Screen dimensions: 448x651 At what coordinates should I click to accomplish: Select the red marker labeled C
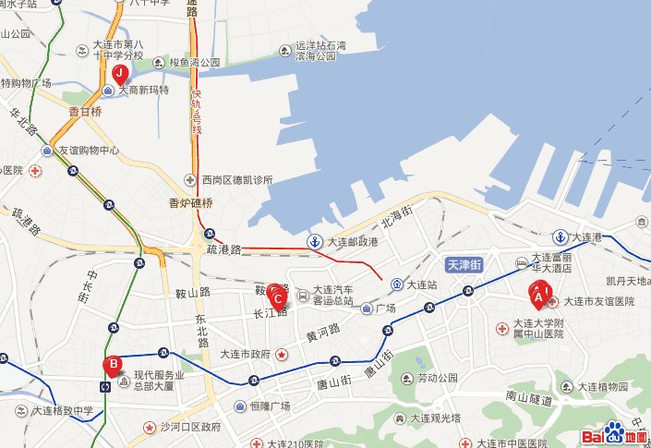[x=276, y=295]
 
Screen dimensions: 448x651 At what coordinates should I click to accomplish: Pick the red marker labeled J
[x=118, y=75]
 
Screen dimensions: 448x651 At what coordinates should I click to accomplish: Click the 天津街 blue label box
[x=464, y=264]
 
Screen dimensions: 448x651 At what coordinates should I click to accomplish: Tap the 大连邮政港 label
[x=350, y=242]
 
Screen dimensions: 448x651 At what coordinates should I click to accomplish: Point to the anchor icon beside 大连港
[x=561, y=237]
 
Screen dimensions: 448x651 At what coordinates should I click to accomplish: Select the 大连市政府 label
[x=245, y=354]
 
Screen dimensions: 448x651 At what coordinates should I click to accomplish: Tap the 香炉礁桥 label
[x=191, y=203]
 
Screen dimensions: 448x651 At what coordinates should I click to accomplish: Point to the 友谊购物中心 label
[x=89, y=151]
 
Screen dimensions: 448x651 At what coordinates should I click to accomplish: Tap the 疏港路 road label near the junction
[x=223, y=249]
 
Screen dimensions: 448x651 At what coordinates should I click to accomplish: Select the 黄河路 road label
[x=324, y=333]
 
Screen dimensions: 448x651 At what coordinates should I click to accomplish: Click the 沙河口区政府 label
[x=189, y=428]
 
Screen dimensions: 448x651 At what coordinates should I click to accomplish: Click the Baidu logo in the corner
[x=613, y=436]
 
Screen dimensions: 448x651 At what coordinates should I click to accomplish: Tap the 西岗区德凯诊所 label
[x=236, y=179]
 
